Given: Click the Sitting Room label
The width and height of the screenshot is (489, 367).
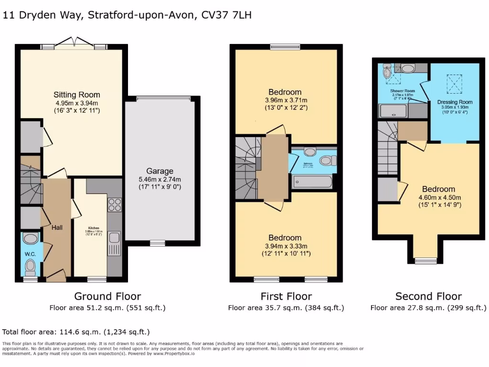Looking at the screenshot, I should pyautogui.click(x=76, y=95).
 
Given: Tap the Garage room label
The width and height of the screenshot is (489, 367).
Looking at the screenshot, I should pyautogui.click(x=160, y=171).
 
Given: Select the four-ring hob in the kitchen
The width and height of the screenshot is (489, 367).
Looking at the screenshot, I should pyautogui.click(x=115, y=205).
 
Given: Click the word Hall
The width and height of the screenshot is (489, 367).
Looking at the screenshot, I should pyautogui.click(x=57, y=228).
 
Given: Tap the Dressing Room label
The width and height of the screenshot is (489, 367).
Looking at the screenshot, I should pyautogui.click(x=455, y=102).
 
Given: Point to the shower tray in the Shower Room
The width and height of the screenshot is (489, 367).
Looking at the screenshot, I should pyautogui.click(x=393, y=111).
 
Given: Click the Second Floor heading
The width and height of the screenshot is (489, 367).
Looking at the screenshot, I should pyautogui.click(x=428, y=296).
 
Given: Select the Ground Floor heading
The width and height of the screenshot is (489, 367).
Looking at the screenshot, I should pyautogui.click(x=107, y=296).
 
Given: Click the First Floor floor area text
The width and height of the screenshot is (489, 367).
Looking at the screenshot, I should pyautogui.click(x=286, y=308).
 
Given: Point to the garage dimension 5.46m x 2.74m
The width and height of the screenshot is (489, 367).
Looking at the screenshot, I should pyautogui.click(x=160, y=180).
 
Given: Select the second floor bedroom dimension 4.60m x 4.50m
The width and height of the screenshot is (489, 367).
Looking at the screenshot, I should pyautogui.click(x=437, y=197).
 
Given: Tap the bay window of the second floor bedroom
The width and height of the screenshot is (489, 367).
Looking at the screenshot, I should pyautogui.click(x=425, y=260).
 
